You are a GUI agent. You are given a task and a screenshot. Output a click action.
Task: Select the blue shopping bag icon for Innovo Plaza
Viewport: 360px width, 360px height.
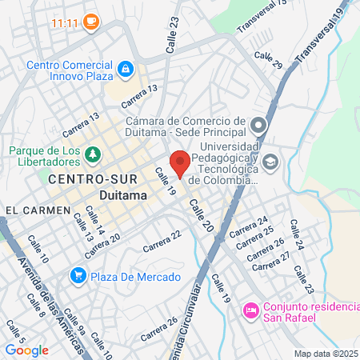125,70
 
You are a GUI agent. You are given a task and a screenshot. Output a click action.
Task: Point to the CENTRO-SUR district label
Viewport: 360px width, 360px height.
81,179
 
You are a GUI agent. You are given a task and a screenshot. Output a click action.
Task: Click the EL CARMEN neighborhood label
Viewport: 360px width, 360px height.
31,210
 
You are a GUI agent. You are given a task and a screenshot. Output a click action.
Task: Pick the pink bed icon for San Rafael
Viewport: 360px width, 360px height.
250,309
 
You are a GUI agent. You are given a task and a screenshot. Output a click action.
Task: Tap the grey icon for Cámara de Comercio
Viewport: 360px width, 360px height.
258,125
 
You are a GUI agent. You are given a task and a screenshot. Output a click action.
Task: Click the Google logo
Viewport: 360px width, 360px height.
26,350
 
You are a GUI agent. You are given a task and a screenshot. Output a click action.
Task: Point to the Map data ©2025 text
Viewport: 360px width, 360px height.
325,354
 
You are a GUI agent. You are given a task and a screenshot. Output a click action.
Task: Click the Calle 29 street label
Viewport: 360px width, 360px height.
268,61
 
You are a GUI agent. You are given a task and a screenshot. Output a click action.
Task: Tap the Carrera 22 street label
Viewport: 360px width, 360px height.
162,240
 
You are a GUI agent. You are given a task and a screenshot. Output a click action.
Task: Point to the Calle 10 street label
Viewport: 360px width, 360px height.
38,249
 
